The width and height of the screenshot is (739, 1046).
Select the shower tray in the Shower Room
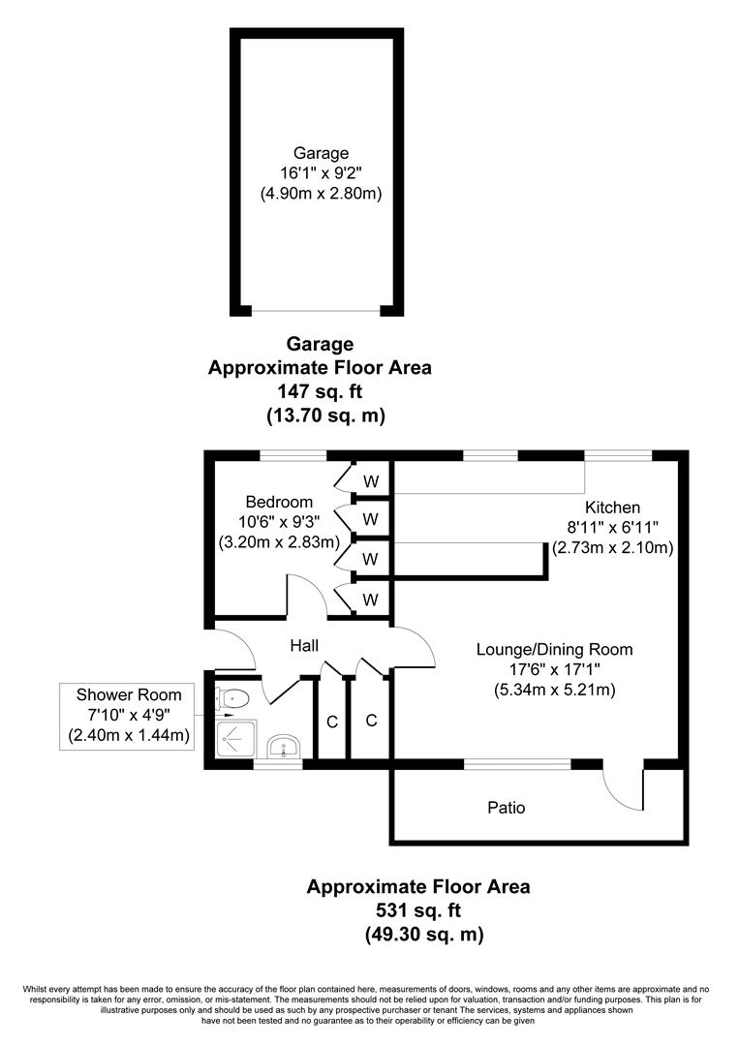coord(232,742)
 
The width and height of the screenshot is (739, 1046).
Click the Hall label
coord(304,645)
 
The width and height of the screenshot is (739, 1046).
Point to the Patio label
coord(506,807)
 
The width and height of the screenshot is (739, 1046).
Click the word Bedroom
coord(279,502)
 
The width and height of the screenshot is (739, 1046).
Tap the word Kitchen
coord(612,508)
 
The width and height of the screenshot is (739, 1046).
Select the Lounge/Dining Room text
coord(554,649)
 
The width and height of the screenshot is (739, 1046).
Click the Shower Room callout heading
coord(128,695)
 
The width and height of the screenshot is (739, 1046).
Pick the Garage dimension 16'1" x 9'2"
coord(321,173)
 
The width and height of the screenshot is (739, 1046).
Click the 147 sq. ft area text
coord(321,392)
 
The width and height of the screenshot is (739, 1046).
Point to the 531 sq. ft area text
coord(418,910)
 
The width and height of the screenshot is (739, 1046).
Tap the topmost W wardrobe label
coord(371,480)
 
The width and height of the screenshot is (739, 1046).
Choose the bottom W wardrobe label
coord(371,600)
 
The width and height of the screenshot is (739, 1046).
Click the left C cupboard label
coord(332,721)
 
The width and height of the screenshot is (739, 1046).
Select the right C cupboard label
coord(371,721)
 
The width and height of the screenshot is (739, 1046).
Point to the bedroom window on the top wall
coord(293,454)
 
